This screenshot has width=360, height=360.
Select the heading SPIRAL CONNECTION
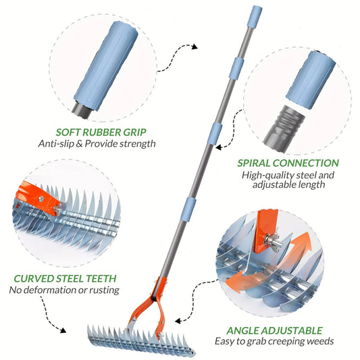288,163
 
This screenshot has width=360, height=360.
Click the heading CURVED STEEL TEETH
64,278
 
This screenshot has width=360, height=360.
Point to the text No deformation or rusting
64,290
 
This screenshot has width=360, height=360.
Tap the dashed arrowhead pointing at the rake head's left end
63,332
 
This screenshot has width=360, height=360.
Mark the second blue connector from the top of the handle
237,68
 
